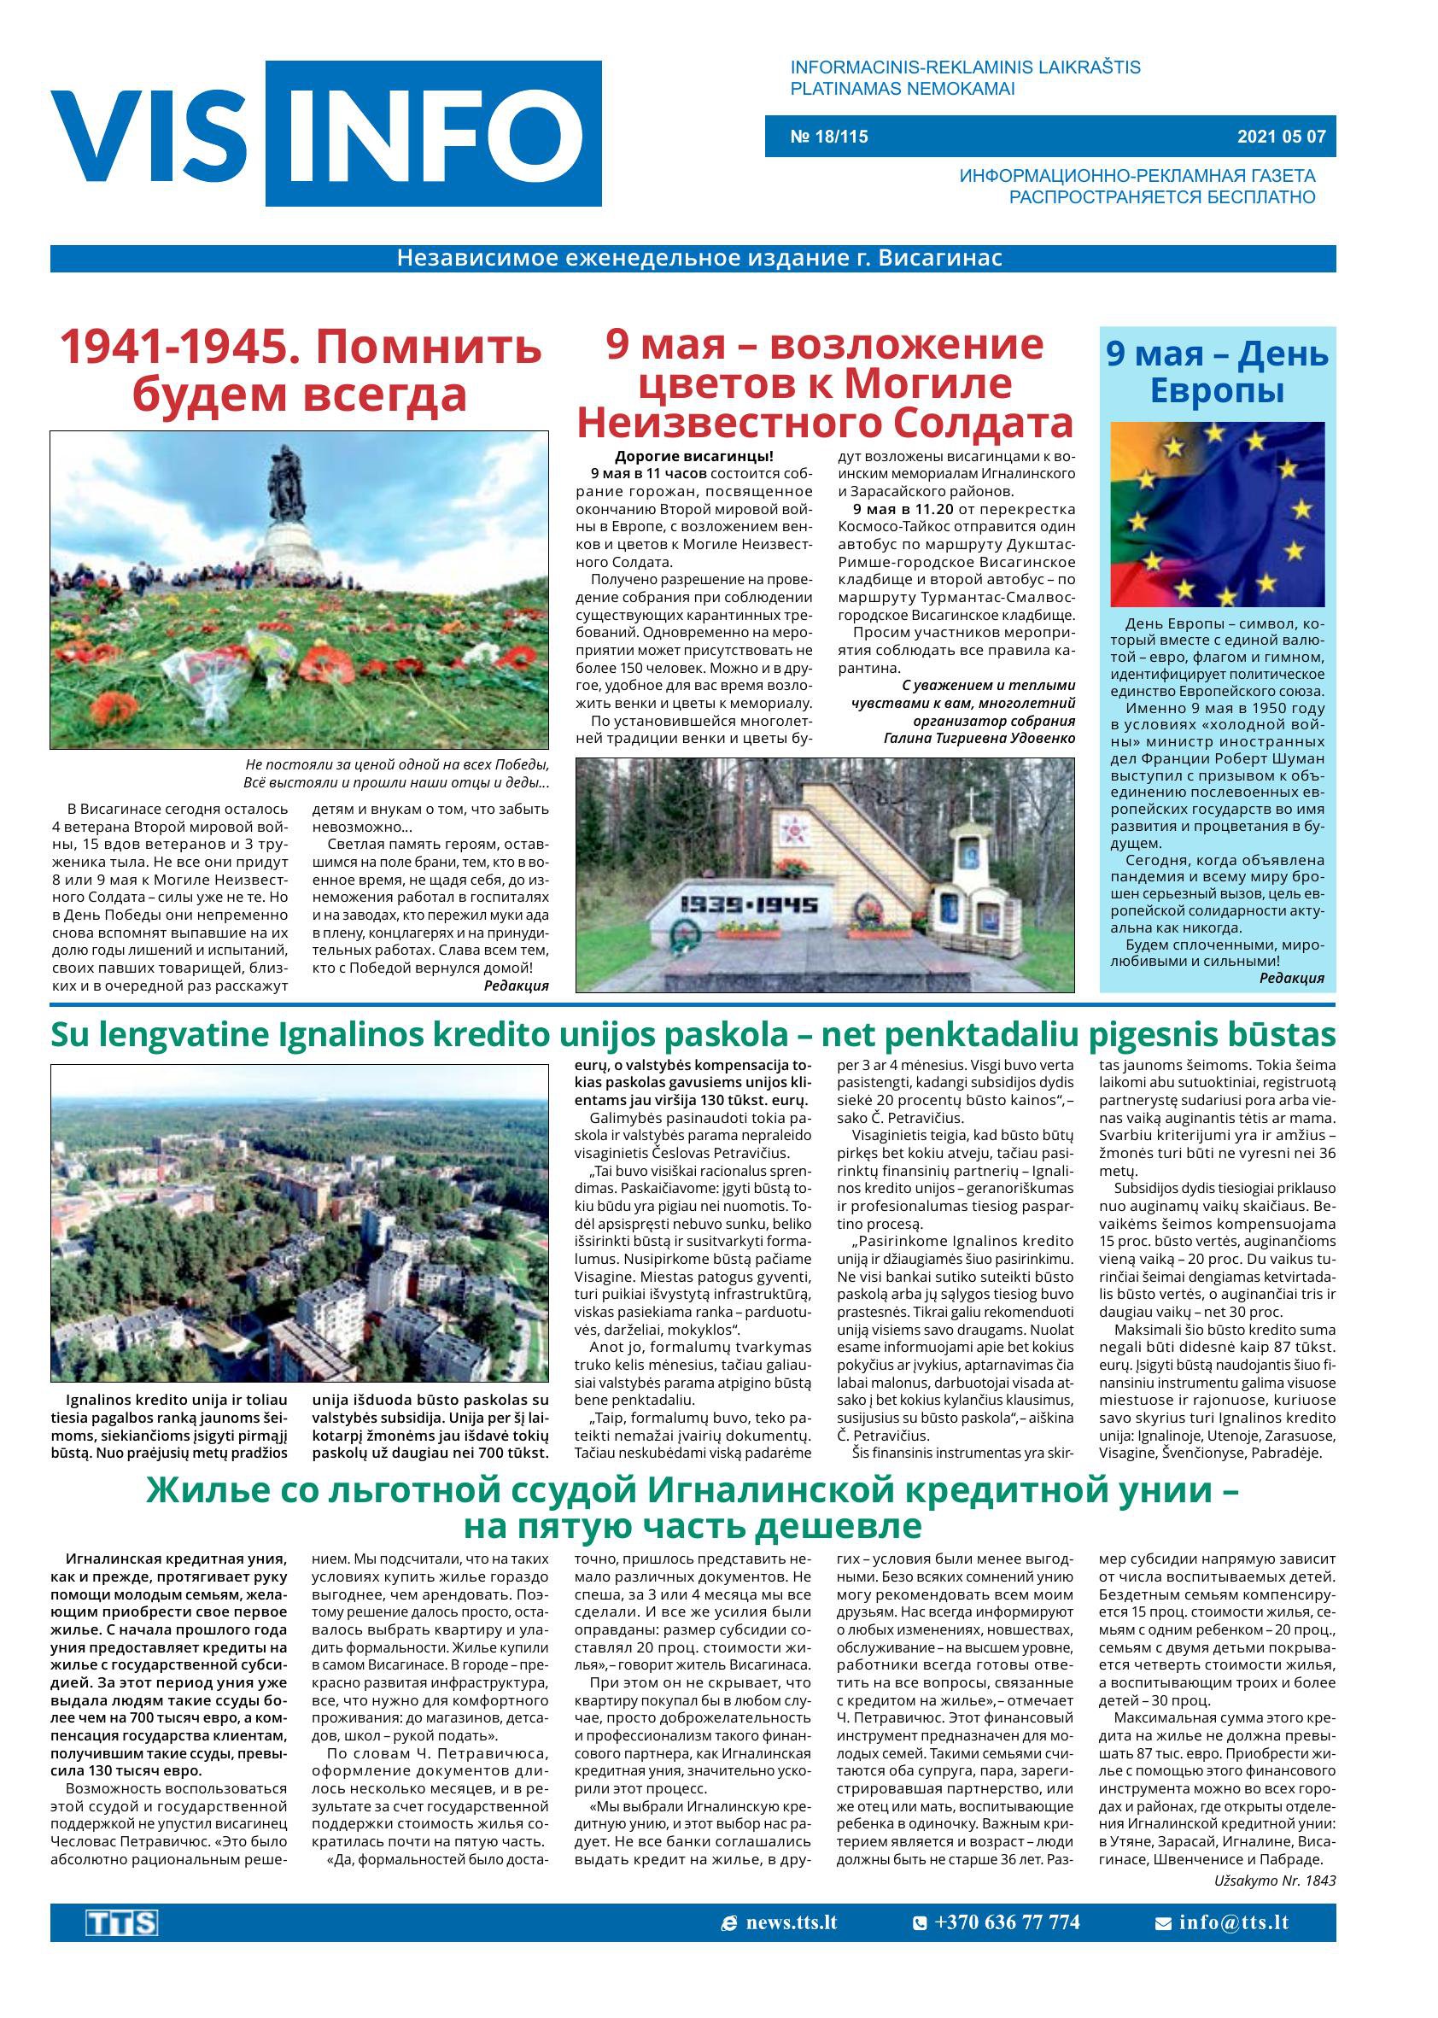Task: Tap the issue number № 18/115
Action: (829, 137)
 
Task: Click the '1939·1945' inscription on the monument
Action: (748, 904)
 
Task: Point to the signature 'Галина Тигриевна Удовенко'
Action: (979, 738)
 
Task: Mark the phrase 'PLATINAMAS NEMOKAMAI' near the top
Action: (902, 89)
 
